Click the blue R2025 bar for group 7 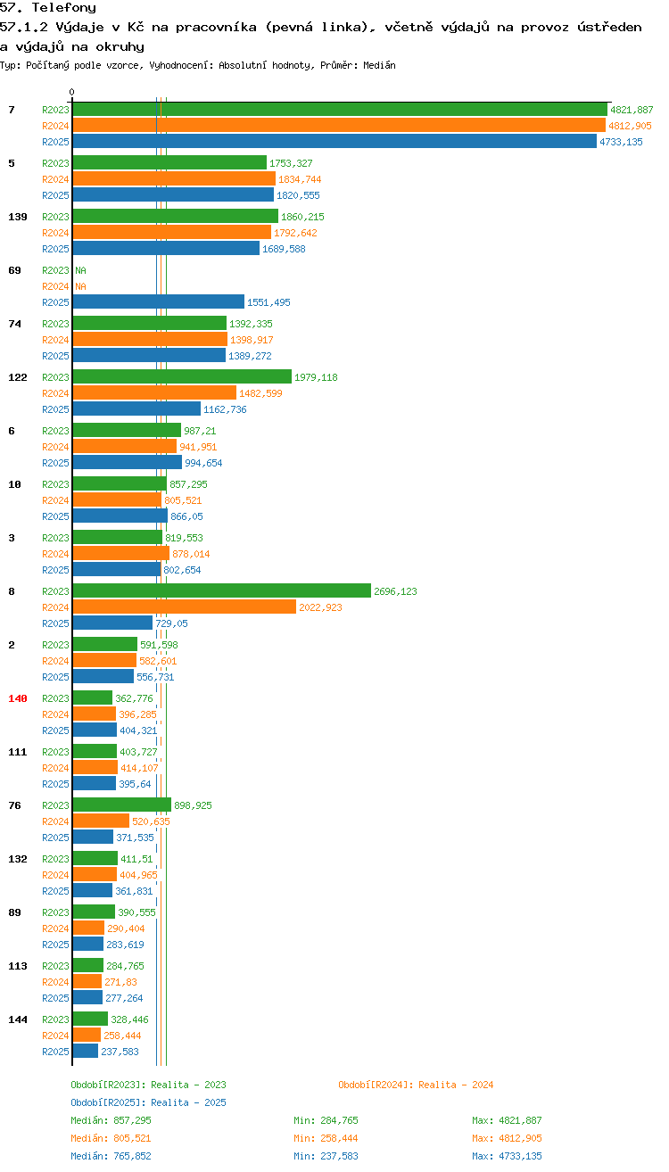pyautogui.click(x=334, y=141)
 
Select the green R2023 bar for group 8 pyautogui.click(x=222, y=590)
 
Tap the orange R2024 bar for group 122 pyautogui.click(x=155, y=392)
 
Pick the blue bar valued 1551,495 pyautogui.click(x=159, y=301)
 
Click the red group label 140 pyautogui.click(x=18, y=698)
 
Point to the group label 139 pyautogui.click(x=18, y=217)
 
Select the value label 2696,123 pyautogui.click(x=395, y=591)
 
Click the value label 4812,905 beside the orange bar pyautogui.click(x=630, y=126)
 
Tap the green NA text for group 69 pyautogui.click(x=80, y=270)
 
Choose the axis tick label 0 pyautogui.click(x=71, y=92)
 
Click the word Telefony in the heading pyautogui.click(x=64, y=7)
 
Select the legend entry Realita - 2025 pyautogui.click(x=188, y=1102)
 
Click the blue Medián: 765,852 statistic pyautogui.click(x=111, y=1156)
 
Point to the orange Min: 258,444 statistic pyautogui.click(x=326, y=1138)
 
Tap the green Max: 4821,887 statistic pyautogui.click(x=507, y=1120)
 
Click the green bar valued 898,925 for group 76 pyautogui.click(x=122, y=805)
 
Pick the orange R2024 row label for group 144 pyautogui.click(x=55, y=1036)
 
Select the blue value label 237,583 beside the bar pyautogui.click(x=120, y=1052)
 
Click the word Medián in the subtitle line pyautogui.click(x=379, y=65)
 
